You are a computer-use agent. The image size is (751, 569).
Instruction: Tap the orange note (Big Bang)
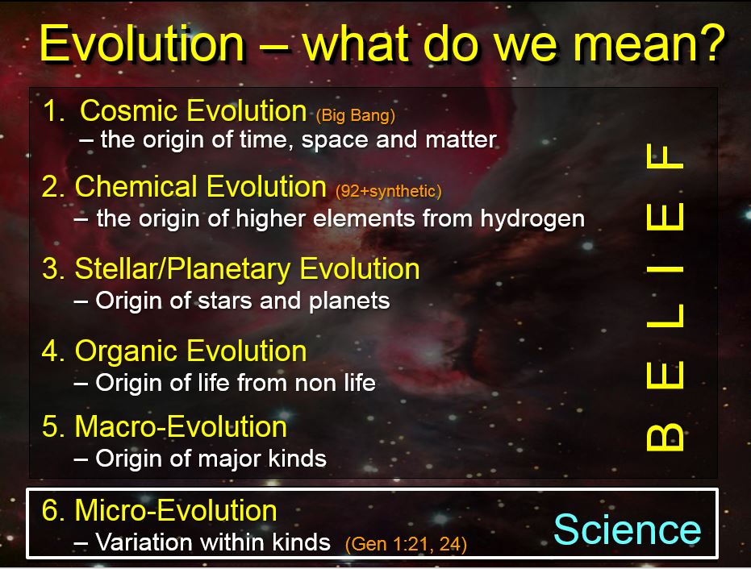356,115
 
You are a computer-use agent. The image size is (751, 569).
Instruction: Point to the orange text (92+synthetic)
389,191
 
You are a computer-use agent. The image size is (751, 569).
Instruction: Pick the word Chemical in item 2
136,186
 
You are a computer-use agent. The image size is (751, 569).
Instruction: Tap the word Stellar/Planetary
182,269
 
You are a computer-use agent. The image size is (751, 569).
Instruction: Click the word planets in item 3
349,301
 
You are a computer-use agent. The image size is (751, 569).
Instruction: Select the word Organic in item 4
126,351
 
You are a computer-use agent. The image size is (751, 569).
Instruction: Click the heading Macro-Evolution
181,426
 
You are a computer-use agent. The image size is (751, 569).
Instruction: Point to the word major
230,459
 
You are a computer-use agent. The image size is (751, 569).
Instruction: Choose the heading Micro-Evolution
176,509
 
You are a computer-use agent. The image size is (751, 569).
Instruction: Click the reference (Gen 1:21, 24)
407,544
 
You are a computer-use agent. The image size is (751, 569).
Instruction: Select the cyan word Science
628,529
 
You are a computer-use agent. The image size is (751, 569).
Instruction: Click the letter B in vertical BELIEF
665,438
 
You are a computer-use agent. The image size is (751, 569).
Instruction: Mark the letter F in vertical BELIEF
665,156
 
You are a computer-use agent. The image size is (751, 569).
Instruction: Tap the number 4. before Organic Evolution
52,351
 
